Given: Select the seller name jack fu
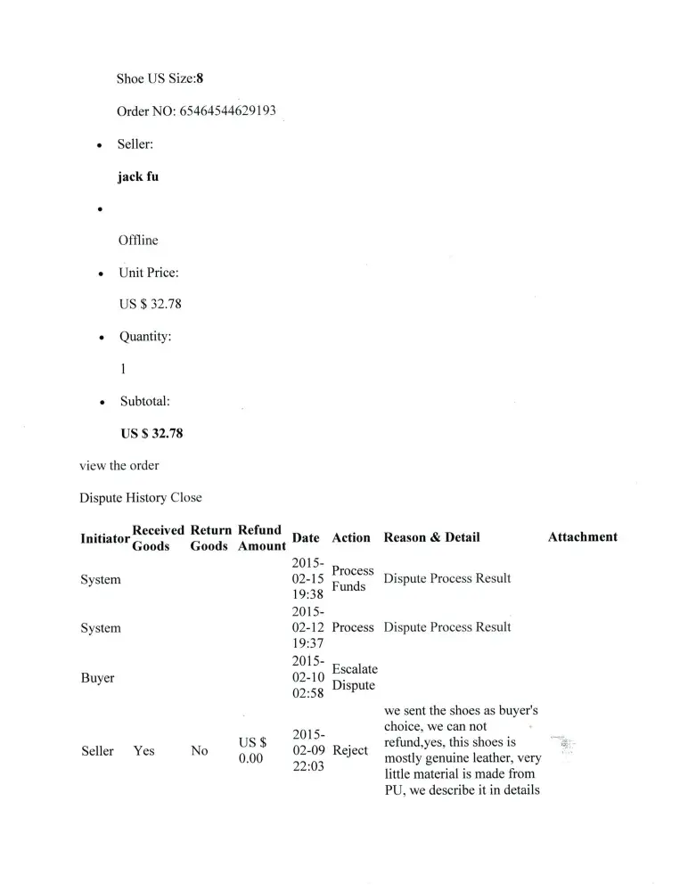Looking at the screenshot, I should (x=138, y=176).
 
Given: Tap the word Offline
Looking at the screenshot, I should (x=138, y=241).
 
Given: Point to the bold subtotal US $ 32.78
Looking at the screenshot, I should (x=152, y=434).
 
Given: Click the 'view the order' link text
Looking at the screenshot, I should (x=119, y=465).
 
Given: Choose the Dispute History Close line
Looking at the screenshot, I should (x=141, y=497).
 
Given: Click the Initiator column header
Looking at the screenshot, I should (x=105, y=538).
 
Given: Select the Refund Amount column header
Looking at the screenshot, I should (x=261, y=538).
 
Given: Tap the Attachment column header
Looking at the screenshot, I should (x=582, y=537).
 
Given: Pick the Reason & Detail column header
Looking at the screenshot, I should (x=431, y=537).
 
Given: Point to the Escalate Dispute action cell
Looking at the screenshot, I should (x=355, y=677).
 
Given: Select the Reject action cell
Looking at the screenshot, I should (x=350, y=750).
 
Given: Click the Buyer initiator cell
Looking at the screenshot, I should (x=97, y=678).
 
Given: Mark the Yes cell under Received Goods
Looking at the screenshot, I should (x=143, y=751).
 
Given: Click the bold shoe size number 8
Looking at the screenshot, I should (x=201, y=78).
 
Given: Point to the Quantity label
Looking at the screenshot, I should (x=145, y=337).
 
